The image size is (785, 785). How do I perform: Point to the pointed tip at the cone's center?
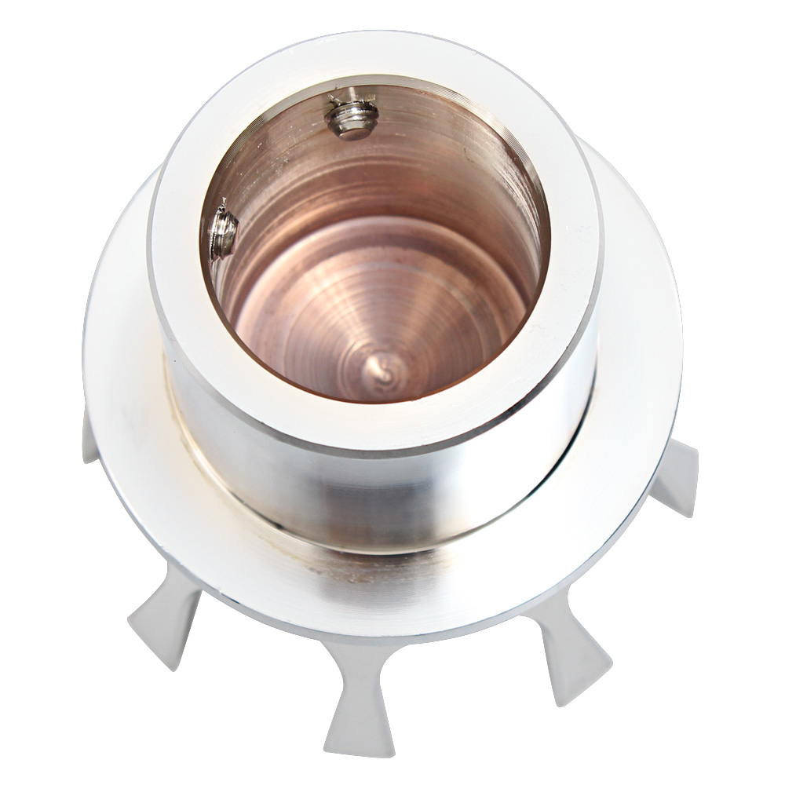pyautogui.click(x=382, y=367)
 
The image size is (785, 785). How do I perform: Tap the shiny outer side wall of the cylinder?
pyautogui.click(x=377, y=487)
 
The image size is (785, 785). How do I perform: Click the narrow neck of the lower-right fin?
pyautogui.click(x=549, y=620)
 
